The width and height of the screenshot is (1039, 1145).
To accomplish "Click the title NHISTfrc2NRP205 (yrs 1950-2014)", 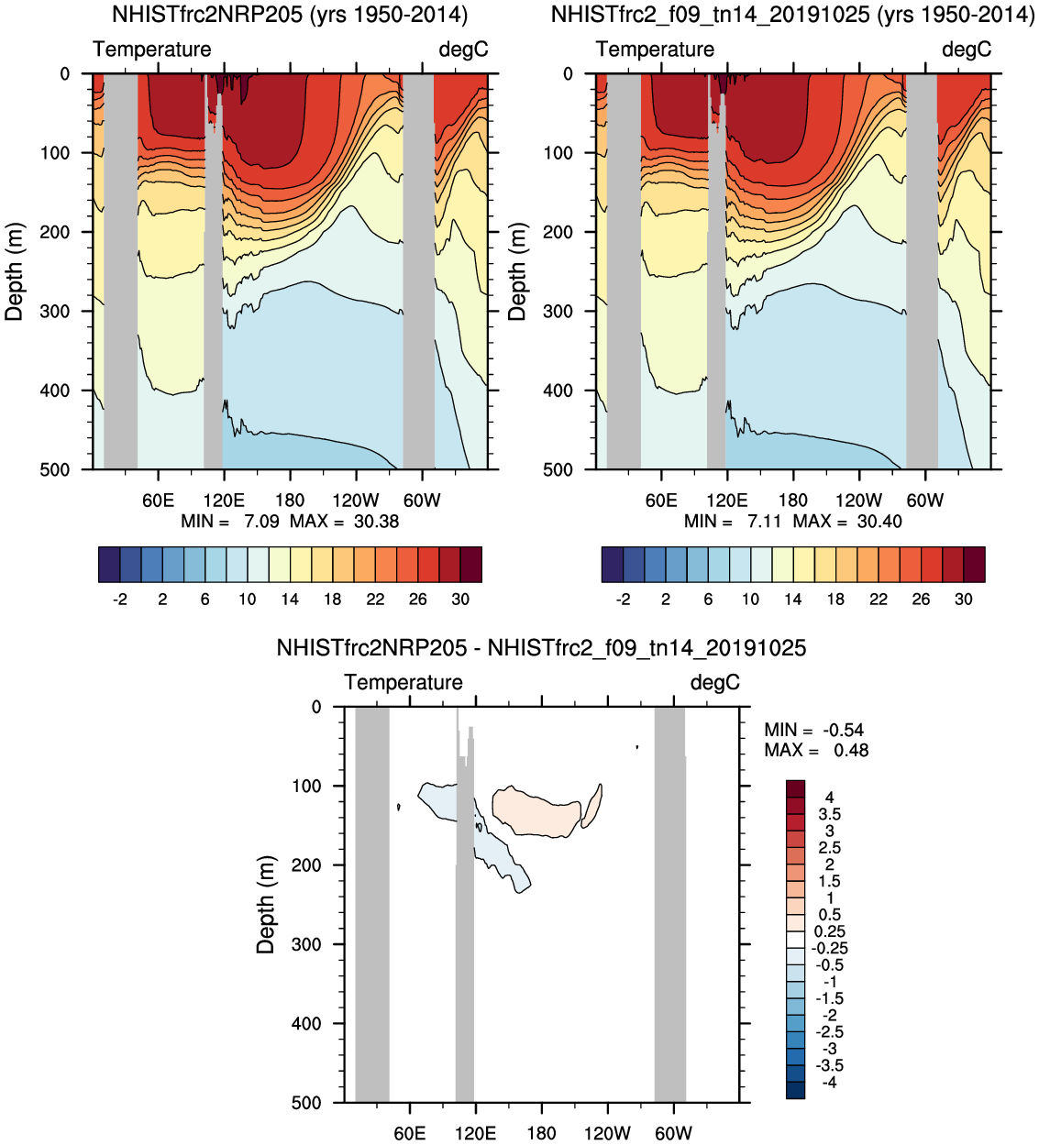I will tap(289, 15).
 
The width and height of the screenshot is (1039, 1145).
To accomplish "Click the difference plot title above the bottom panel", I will tap(541, 648).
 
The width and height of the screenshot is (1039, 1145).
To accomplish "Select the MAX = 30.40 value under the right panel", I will tap(846, 522).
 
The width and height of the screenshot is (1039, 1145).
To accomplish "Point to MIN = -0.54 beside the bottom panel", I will tap(814, 730).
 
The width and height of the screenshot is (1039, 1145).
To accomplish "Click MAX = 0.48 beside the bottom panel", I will tap(816, 751).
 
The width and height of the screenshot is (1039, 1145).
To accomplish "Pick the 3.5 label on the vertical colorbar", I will tap(829, 814).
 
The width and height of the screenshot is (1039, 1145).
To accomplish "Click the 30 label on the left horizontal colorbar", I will tap(460, 600).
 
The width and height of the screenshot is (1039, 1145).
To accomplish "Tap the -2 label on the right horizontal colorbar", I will tap(623, 600).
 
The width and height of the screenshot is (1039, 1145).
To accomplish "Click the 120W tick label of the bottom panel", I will tap(607, 1133).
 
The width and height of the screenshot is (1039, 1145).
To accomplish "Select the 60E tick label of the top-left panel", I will tap(158, 501).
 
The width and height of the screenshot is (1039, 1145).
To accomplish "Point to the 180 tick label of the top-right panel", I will tap(792, 501).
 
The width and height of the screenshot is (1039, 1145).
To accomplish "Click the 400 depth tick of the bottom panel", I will tap(306, 1023).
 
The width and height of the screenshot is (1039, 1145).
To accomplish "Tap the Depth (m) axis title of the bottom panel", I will tap(266, 905).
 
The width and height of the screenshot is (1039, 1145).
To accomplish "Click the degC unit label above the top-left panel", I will tap(463, 50).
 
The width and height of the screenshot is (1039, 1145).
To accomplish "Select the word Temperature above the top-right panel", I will tap(655, 50).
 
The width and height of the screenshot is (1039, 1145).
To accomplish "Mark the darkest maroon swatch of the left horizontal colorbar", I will tap(470, 565).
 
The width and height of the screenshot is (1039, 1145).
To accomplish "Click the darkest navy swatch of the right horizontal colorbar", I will tap(612, 565).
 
